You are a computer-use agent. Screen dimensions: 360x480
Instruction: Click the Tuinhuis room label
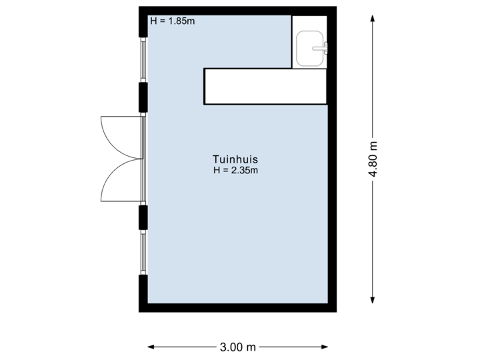235,160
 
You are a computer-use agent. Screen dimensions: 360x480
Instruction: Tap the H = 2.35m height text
235,171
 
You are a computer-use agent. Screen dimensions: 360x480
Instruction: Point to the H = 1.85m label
172,21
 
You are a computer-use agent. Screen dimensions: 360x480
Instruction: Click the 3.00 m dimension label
238,347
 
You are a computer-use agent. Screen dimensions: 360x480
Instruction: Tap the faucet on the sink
325,47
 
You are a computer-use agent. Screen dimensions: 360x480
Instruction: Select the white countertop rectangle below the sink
265,87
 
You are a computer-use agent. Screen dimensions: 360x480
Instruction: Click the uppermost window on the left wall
142,59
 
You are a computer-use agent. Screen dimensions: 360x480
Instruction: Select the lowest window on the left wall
142,251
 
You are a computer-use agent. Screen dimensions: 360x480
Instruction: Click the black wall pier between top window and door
143,97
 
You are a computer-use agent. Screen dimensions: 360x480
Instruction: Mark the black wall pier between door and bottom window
143,217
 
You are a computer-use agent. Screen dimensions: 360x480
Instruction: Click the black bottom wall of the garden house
237,308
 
